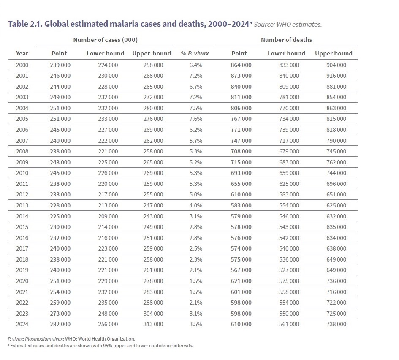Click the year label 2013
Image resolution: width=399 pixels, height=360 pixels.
(22, 205)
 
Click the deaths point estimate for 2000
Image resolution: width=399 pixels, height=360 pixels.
(241, 65)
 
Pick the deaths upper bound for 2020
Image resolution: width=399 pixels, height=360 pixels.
(336, 281)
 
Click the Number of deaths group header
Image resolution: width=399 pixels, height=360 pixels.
(286, 40)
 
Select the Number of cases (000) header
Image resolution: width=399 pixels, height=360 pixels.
(105, 40)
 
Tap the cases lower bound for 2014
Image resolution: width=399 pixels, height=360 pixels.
(108, 216)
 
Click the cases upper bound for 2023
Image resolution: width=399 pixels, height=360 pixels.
(153, 314)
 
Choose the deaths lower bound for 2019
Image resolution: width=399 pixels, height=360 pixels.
(289, 270)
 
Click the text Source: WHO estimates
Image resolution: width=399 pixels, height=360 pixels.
(288, 25)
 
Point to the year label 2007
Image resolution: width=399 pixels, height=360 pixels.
(22, 141)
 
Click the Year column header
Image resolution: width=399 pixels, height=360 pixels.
(22, 53)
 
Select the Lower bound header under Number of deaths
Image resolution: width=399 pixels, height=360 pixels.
(286, 53)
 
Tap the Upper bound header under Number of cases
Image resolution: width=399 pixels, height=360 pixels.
(152, 53)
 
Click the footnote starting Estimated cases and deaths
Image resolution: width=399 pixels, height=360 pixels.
(101, 346)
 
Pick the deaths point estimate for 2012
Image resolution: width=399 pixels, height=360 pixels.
(241, 194)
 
